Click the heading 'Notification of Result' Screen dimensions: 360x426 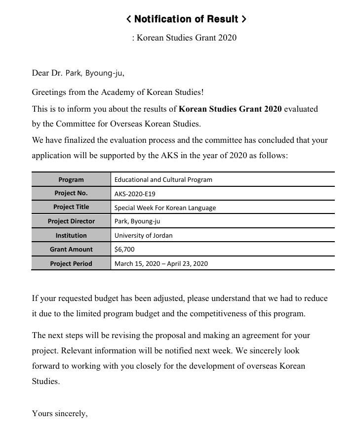pos(186,19)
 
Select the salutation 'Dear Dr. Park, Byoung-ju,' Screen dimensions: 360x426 pos(78,73)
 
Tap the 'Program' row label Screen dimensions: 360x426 pos(71,179)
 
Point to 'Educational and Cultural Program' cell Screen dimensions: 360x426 pos(163,179)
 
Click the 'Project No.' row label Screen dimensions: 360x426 pos(71,193)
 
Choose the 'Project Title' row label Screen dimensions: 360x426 pos(71,207)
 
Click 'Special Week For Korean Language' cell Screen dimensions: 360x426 pos(165,208)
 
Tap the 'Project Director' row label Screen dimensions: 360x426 pos(71,221)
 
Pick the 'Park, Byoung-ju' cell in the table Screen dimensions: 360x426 pos(137,221)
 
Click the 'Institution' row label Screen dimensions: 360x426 pos(71,235)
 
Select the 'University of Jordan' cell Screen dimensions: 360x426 pos(143,235)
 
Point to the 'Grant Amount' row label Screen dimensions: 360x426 pos(71,249)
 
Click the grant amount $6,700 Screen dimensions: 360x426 pos(124,249)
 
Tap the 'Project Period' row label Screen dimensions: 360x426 pos(71,263)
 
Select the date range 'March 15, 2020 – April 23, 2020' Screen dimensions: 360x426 pos(161,263)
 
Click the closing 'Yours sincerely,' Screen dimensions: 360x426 pos(60,413)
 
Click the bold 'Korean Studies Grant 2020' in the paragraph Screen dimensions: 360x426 pos(230,109)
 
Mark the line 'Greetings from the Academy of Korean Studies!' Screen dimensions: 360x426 pos(118,92)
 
